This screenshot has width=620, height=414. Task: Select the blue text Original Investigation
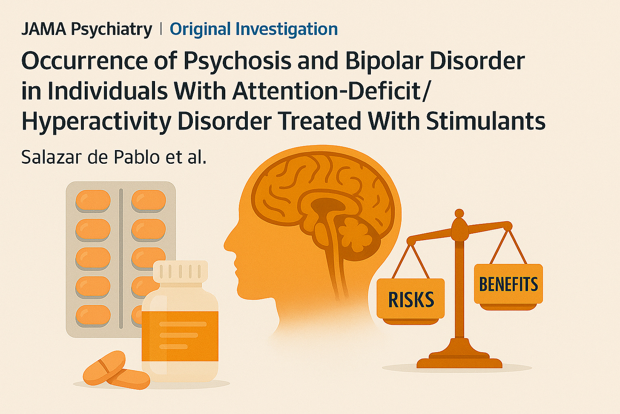254,29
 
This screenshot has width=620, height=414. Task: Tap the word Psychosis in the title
237,61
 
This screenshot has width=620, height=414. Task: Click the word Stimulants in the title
485,122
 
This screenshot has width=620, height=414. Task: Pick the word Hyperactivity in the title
96,122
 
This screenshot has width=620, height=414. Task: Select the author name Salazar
50,157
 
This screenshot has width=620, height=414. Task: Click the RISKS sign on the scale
411,300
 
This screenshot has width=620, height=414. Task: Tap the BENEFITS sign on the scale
508,284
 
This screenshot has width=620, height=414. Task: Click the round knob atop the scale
459,214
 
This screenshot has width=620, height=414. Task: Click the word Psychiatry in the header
111,29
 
